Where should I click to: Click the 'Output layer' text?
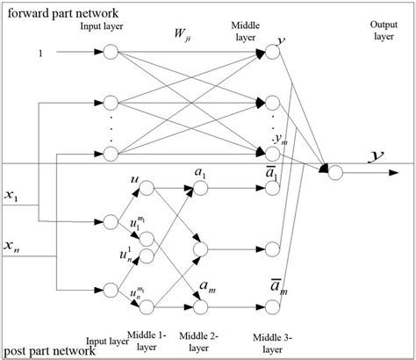point(375,33)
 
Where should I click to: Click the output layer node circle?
point(334,173)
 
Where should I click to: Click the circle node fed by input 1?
point(111,53)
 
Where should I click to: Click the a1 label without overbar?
point(203,175)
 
